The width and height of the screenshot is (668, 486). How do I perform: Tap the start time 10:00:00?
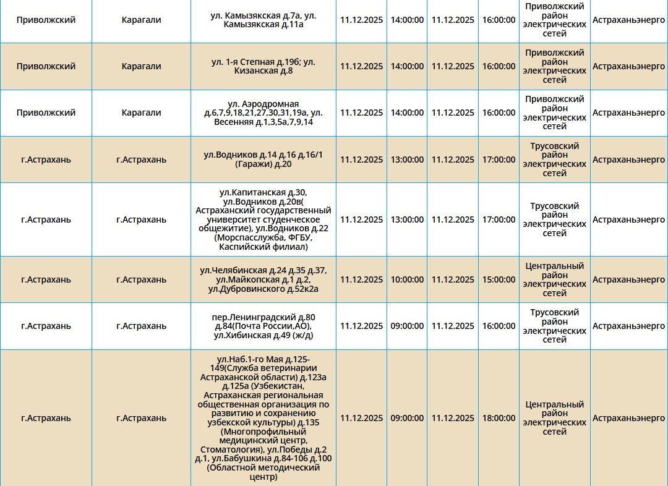coord(407,279)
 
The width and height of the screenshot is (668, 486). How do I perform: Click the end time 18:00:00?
coord(499,418)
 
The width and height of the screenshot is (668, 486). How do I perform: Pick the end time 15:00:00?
coord(499,279)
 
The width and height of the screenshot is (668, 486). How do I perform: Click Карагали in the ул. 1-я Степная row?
coord(141,66)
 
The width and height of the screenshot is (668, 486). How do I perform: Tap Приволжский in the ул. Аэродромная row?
coord(46,113)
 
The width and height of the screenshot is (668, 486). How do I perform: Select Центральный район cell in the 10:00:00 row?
coord(554,279)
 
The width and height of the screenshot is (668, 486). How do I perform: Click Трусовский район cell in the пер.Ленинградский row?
coord(554,326)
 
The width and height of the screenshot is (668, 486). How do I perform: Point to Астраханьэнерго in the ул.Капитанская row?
coord(628,220)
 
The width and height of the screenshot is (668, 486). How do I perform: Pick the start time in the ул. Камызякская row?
coord(407,20)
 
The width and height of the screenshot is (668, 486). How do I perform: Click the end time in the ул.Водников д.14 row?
coord(499,160)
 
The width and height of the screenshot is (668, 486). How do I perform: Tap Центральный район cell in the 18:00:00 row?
coord(554,418)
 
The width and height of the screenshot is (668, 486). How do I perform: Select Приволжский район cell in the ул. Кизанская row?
coord(554,66)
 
